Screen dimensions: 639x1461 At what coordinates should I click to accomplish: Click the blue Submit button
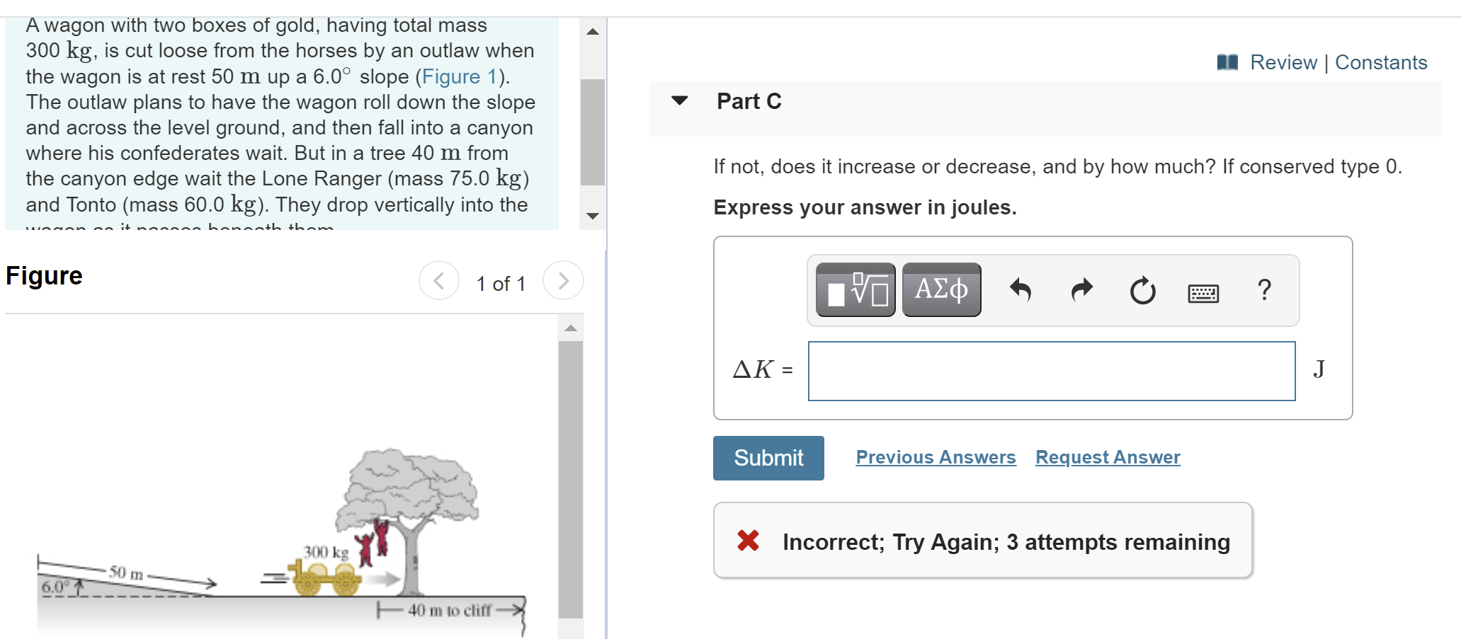(768, 458)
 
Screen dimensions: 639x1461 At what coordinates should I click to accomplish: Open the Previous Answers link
(936, 457)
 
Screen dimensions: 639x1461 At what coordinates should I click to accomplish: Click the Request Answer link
(1108, 457)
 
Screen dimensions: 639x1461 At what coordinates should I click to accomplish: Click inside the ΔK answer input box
(1051, 371)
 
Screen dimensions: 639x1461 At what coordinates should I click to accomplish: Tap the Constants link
(1380, 62)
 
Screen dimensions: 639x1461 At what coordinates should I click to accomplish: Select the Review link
(1283, 62)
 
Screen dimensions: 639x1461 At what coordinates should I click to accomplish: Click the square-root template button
(855, 289)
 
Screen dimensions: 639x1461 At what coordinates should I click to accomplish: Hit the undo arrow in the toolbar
(1020, 289)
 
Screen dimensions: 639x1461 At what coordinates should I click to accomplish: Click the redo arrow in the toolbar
(1081, 289)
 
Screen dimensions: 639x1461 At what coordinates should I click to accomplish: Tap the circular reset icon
(1142, 290)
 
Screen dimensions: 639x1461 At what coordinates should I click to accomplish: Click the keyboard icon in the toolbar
(1203, 292)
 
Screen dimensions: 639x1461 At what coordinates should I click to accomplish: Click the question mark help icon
(1264, 289)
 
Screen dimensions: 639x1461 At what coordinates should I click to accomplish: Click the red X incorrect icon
(748, 541)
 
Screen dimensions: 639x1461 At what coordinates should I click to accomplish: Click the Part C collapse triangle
(680, 100)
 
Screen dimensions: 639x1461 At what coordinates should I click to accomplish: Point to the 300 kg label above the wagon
(326, 552)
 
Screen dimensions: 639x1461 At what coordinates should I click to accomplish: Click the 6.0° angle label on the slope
(56, 587)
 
